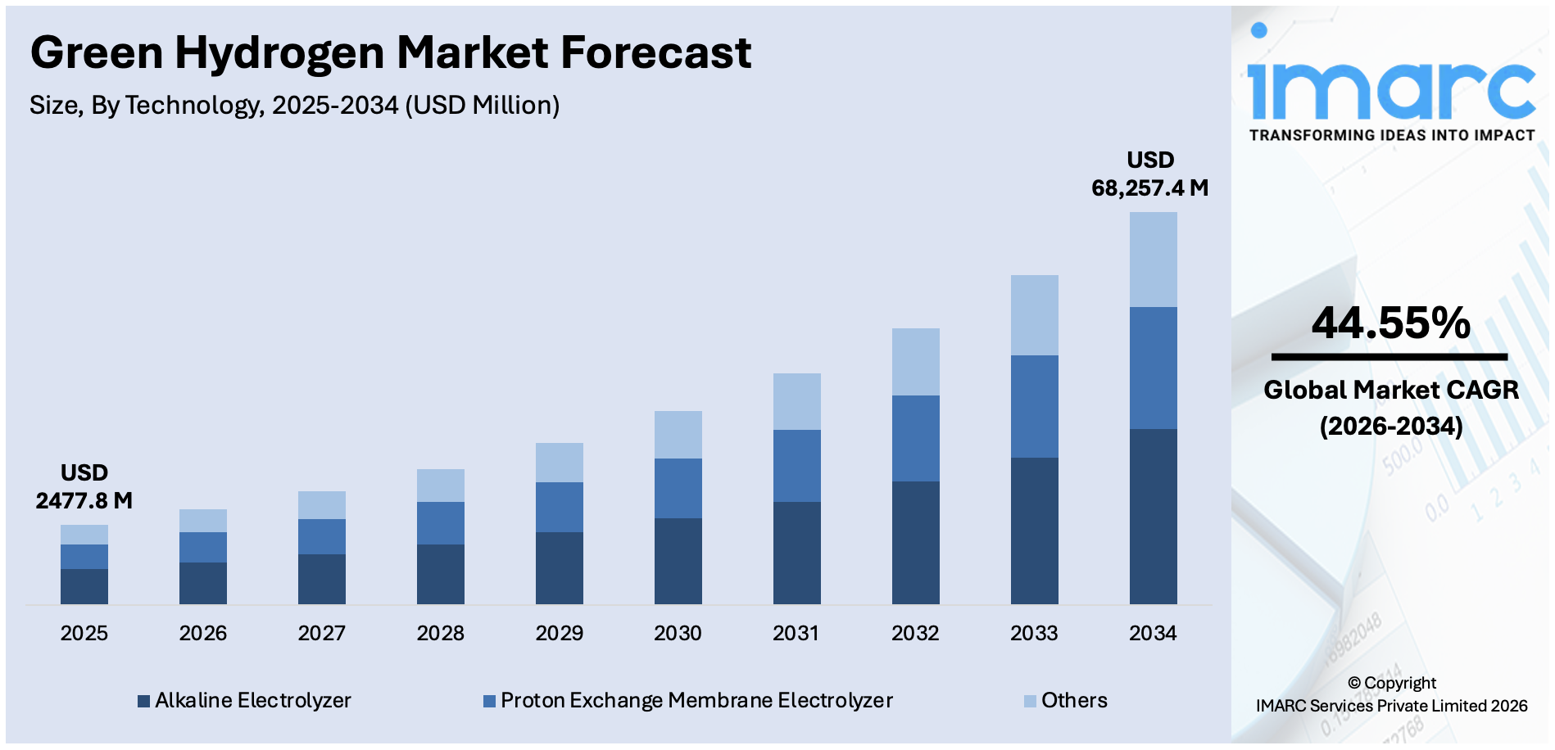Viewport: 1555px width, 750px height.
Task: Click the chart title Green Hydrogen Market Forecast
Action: click(390, 52)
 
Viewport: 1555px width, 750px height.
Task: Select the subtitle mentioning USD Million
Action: click(294, 106)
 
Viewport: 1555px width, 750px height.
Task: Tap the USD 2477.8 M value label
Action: click(84, 487)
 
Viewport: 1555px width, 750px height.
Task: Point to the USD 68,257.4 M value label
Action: click(1149, 174)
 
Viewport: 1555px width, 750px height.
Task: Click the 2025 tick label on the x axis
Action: click(84, 633)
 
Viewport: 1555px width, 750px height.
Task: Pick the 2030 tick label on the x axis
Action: click(678, 633)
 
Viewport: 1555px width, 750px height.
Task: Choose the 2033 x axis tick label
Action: click(1034, 633)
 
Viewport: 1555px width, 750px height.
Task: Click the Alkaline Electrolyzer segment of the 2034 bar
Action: click(1153, 516)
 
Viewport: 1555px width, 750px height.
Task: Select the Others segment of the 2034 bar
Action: click(1153, 260)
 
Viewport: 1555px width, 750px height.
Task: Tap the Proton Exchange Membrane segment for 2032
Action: click(915, 438)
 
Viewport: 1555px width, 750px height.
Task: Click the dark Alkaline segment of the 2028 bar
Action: click(440, 574)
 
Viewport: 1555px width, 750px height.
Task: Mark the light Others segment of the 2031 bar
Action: click(796, 401)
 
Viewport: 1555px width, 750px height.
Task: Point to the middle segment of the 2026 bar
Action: click(202, 547)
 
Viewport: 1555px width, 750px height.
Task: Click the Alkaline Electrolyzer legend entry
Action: click(244, 701)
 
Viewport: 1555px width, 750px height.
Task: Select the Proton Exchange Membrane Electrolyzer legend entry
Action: click(688, 701)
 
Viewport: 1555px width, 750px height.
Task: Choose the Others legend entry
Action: click(1066, 701)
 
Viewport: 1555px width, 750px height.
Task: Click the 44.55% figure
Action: click(1390, 323)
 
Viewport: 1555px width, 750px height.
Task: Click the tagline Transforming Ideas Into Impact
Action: click(1391, 135)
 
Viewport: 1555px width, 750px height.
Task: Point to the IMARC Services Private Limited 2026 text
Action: click(1391, 706)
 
